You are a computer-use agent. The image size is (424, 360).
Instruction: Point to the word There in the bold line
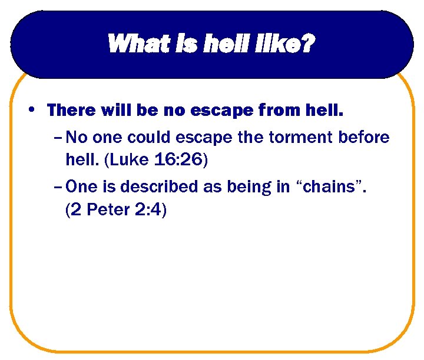pyautogui.click(x=71, y=110)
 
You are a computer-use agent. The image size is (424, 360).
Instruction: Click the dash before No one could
pyautogui.click(x=57, y=138)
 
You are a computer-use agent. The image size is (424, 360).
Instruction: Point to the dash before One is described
pyautogui.click(x=57, y=187)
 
